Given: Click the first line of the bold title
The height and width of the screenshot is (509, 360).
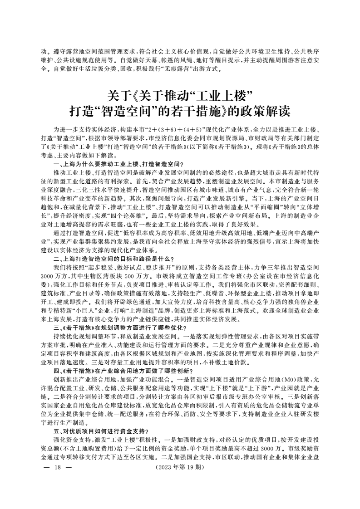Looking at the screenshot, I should [180, 96].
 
